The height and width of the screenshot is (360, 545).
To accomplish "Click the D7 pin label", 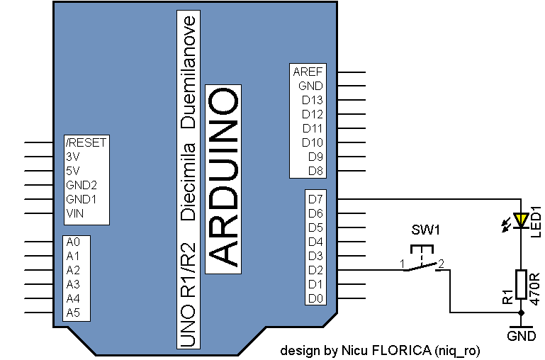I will tap(315, 199).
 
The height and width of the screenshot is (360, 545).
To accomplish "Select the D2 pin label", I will tap(315, 270).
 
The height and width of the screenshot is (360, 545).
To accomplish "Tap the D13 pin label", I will tap(312, 100).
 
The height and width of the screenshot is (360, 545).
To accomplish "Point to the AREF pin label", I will tap(308, 72).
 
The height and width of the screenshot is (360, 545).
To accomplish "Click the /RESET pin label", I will tap(86, 142).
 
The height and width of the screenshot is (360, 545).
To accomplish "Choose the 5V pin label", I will tap(72, 171).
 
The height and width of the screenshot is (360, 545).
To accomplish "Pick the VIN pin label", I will tap(75, 213).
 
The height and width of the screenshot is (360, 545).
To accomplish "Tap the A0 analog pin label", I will tap(73, 242).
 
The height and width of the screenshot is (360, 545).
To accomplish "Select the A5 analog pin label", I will tap(73, 313).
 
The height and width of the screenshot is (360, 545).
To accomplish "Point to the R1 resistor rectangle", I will tap(522, 283).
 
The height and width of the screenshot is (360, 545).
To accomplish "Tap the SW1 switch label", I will tap(425, 230).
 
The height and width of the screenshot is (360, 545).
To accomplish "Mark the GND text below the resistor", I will tap(522, 337).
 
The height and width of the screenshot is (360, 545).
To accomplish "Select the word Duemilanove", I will tap(189, 71).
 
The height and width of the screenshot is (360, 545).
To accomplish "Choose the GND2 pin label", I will tap(81, 185).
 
